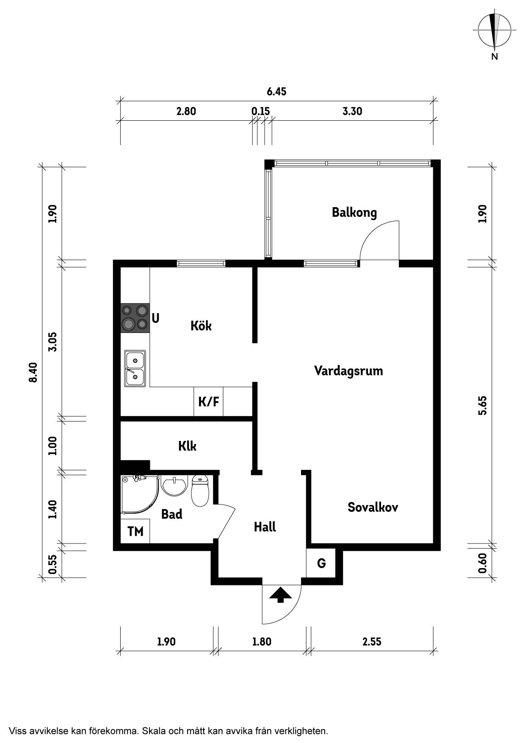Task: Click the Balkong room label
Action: click(x=354, y=212)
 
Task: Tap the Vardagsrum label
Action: click(x=348, y=371)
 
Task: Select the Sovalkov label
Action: click(x=373, y=507)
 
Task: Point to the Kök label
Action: click(x=201, y=325)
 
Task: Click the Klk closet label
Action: click(x=187, y=446)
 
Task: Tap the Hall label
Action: click(x=265, y=527)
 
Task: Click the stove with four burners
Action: click(x=135, y=318)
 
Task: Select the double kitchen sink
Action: click(x=135, y=368)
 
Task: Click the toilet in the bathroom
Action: click(x=200, y=491)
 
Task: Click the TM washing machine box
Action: click(x=135, y=531)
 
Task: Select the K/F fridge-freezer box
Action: click(x=209, y=401)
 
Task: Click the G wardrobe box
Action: click(x=321, y=563)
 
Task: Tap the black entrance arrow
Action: click(x=281, y=595)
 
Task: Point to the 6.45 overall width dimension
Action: click(x=276, y=91)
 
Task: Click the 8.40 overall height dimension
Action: click(x=33, y=372)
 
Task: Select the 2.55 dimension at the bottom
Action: click(x=372, y=641)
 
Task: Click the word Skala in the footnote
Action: click(x=154, y=731)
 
